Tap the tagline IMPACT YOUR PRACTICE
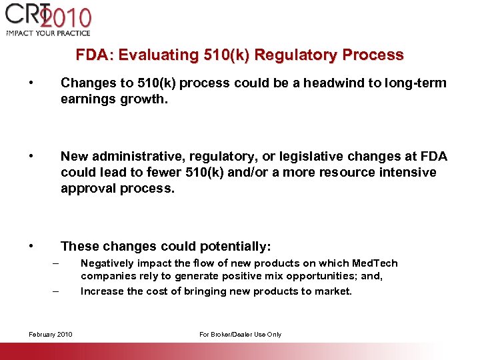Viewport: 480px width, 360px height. [x=48, y=33]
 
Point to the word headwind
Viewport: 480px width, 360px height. [x=342, y=83]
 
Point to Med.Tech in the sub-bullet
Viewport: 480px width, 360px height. [x=375, y=263]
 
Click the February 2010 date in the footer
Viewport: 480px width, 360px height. [x=51, y=334]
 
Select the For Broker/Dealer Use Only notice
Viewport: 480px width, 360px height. [x=240, y=334]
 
